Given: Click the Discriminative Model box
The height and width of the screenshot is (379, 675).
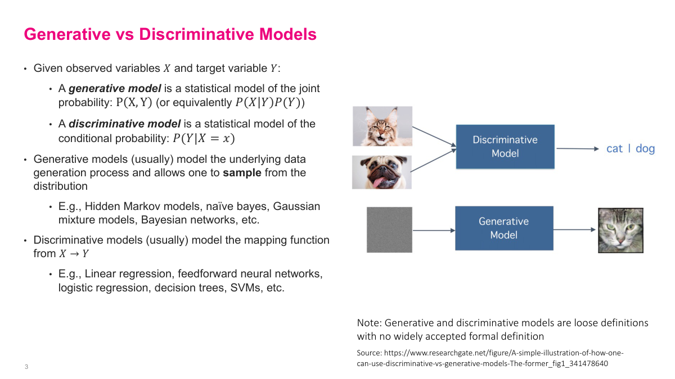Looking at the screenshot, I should pos(505,147).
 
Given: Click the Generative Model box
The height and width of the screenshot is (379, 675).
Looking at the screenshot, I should pos(503,228).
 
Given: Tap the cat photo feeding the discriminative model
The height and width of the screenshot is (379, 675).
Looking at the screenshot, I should pos(382,126).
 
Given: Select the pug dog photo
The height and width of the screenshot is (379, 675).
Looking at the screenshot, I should pos(382,172).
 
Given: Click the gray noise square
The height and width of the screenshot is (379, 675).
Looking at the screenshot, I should pos(389,230).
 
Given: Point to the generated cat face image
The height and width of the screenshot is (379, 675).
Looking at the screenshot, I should pos(620,230).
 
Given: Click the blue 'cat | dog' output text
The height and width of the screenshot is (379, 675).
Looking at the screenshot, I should pos(631,149).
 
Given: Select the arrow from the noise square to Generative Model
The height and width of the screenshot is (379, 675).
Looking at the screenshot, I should pos(433,230).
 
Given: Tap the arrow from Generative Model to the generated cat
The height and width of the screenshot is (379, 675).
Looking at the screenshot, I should pos(574,230).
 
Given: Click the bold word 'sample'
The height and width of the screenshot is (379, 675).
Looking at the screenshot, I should pos(242,173).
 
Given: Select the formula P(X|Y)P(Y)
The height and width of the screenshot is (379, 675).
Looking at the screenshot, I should pos(269,103).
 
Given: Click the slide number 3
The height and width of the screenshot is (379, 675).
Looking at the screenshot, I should pos(26,367).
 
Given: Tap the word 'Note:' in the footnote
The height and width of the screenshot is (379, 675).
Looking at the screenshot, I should pos(369,323).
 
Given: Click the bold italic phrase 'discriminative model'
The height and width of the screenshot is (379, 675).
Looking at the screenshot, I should pos(124,124).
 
